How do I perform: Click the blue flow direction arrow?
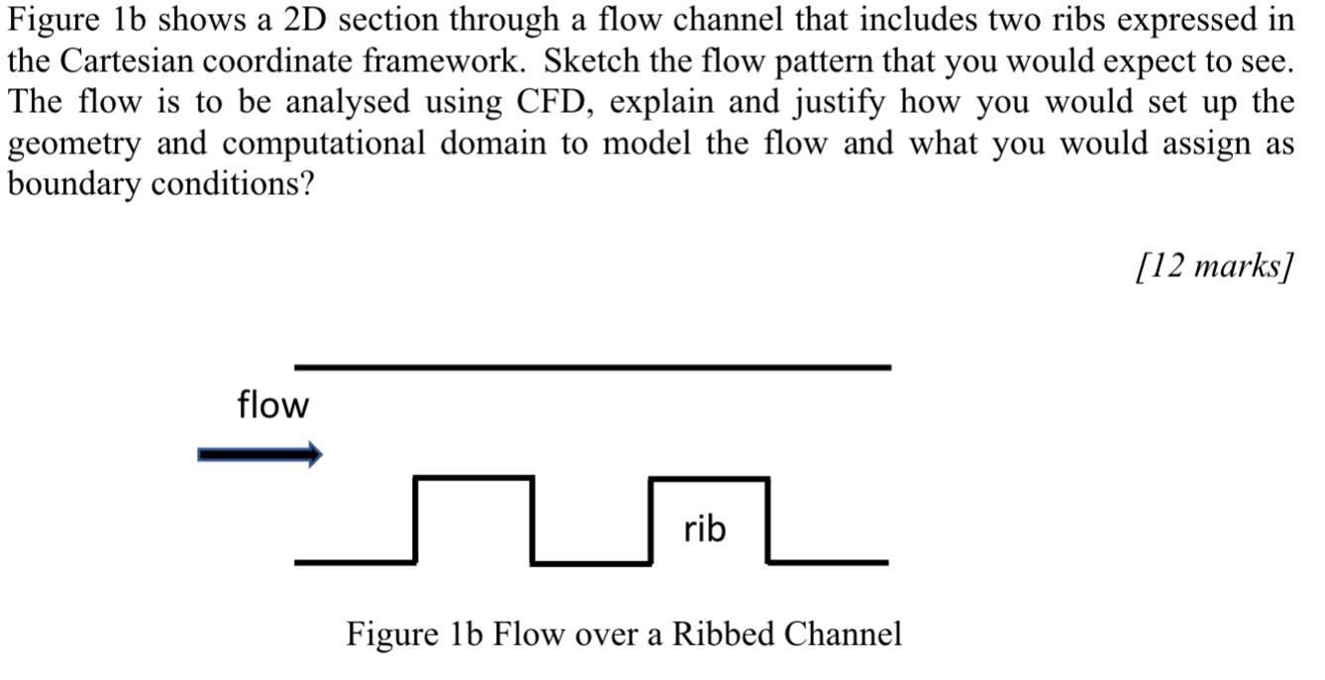[259, 454]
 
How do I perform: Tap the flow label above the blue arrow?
[272, 405]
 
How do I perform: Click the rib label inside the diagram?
[704, 530]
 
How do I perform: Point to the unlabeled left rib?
[473, 521]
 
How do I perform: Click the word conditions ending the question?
[233, 185]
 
